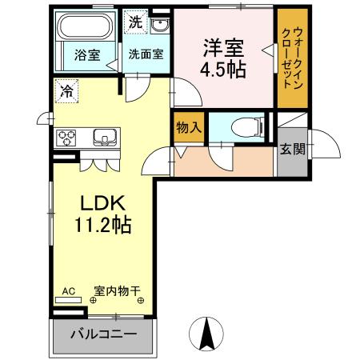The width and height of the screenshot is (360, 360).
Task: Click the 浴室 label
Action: (87, 55)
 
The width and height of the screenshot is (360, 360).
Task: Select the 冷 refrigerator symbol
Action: (66, 90)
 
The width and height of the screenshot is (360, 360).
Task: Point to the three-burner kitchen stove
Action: (66, 138)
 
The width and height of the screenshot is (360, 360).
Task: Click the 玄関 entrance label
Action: (291, 150)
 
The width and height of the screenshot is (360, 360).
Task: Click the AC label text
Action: (69, 291)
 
